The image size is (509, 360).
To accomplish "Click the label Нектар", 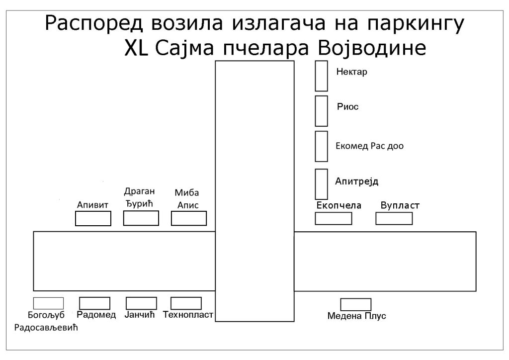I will click(351, 72).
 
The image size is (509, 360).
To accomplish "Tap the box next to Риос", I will click(322, 110).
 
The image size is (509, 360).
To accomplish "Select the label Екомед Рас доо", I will click(369, 146).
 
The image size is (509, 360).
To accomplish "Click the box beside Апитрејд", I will click(322, 183).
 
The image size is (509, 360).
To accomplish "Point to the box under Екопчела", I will click(334, 218).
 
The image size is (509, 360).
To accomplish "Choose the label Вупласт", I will click(400, 205).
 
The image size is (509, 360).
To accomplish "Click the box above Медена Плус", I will click(355, 304).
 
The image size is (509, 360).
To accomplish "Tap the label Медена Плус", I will click(357, 316).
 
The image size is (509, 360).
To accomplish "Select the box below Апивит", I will click(93, 218).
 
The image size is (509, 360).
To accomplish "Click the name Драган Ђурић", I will click(140, 197).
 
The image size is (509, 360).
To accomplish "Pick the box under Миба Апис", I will click(188, 218).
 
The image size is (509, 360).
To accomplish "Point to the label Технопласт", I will click(188, 314).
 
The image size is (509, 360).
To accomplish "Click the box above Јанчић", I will click(141, 303).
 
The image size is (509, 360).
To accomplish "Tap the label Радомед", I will click(96, 314).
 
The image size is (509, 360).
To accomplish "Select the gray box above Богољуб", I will click(48, 303).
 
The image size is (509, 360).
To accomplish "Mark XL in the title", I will click(136, 49).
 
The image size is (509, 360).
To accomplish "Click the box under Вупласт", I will click(394, 218).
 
